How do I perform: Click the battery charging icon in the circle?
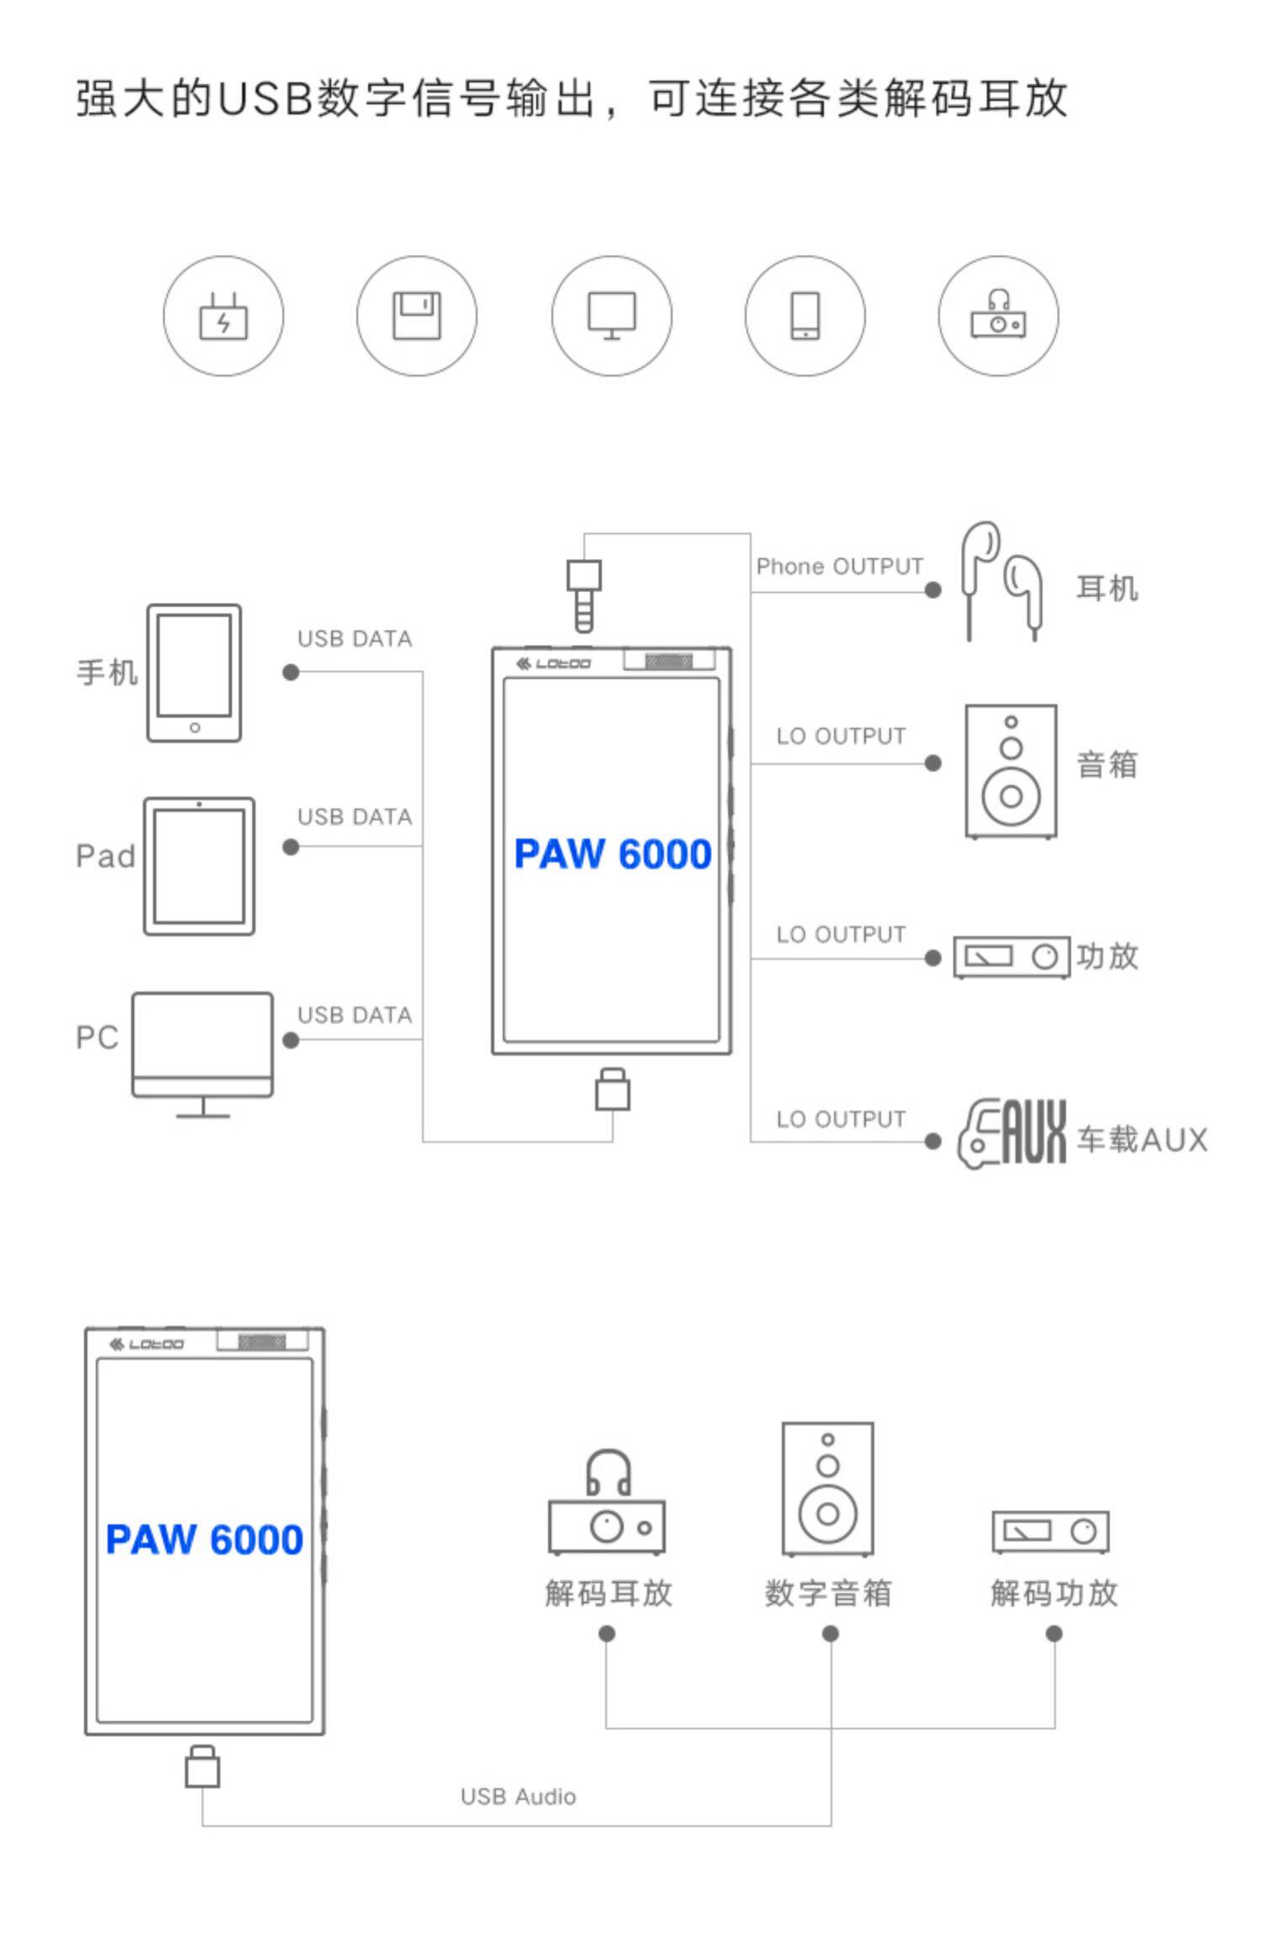point(223,317)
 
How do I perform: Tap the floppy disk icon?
point(417,316)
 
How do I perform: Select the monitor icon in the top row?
point(611,316)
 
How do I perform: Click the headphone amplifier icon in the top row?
point(998,316)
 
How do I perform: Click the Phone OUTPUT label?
point(839,567)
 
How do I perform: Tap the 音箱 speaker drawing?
point(1010,771)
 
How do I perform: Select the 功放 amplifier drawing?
point(1011,957)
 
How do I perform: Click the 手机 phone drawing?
point(194,673)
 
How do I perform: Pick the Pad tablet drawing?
point(199,866)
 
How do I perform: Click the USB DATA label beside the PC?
point(355,1016)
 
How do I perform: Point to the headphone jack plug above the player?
point(583,594)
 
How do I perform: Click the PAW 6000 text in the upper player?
point(613,854)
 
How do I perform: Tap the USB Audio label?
point(518,1796)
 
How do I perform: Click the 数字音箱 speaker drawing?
point(828,1488)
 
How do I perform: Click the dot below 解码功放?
point(1053,1633)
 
